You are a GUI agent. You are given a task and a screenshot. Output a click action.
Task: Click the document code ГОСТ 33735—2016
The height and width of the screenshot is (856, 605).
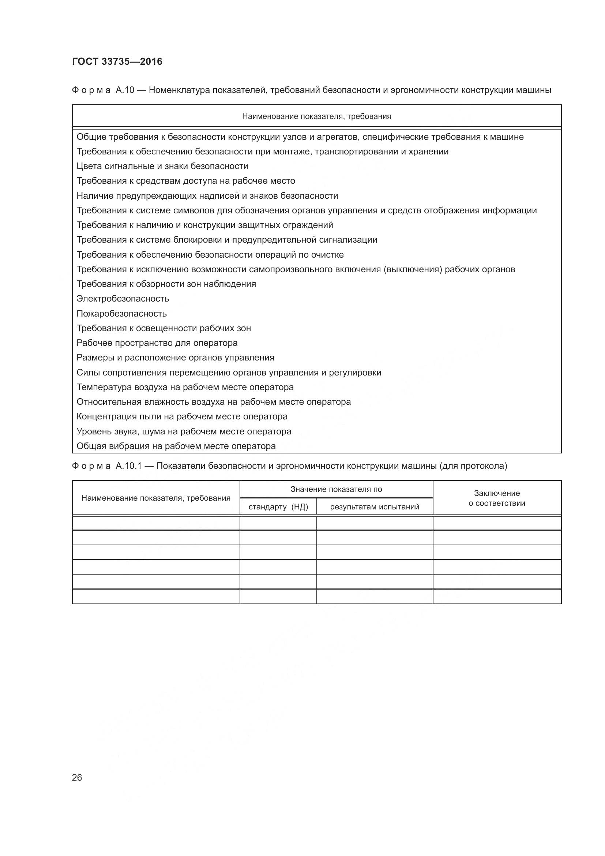coord(117,61)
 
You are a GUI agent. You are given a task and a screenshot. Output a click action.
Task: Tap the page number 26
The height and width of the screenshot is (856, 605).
coord(77,777)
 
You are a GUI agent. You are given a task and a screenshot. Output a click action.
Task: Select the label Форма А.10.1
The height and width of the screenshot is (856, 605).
coord(107,466)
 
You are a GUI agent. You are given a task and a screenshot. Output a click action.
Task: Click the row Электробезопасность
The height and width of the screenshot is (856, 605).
coord(123,299)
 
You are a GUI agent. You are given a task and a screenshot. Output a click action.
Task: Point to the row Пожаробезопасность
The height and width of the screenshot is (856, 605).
coord(121,314)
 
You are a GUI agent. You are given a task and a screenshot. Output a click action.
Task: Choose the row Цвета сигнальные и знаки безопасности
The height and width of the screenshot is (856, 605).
coord(162,166)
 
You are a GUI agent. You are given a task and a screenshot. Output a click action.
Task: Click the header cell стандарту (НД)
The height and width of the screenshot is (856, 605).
coord(278,507)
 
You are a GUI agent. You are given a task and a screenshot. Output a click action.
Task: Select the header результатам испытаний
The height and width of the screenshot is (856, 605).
coord(375,507)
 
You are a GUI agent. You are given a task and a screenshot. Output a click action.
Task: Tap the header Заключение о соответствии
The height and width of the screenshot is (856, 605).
coord(497,498)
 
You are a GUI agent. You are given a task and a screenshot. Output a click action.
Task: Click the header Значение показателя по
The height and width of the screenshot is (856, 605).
coord(336,489)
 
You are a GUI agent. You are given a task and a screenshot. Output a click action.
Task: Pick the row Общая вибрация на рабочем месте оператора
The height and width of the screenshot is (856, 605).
coord(176,446)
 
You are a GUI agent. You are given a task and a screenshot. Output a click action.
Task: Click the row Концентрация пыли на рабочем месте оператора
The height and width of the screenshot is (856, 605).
coord(182,416)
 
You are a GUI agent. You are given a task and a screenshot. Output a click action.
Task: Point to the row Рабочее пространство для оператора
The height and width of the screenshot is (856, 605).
coord(157,343)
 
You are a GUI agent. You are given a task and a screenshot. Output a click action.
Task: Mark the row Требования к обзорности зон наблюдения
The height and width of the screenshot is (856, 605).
coord(166,284)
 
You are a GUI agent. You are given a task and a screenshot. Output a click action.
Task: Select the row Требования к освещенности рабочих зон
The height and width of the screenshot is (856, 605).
coord(164,328)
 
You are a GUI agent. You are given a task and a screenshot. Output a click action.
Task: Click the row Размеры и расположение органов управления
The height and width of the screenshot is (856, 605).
coord(175,358)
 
